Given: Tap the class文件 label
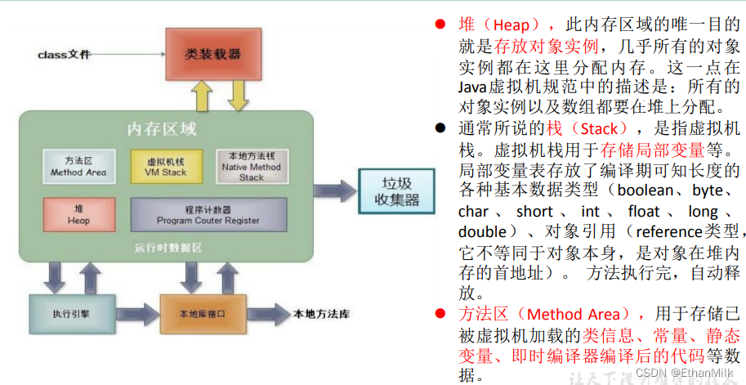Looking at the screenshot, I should (65, 55).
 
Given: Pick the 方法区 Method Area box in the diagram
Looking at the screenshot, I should (78, 166).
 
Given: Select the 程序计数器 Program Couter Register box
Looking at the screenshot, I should (208, 214).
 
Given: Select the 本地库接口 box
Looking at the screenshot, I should (202, 314).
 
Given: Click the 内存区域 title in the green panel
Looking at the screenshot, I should (162, 128).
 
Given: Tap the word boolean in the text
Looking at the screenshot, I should (645, 192).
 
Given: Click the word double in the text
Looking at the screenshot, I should (483, 233).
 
